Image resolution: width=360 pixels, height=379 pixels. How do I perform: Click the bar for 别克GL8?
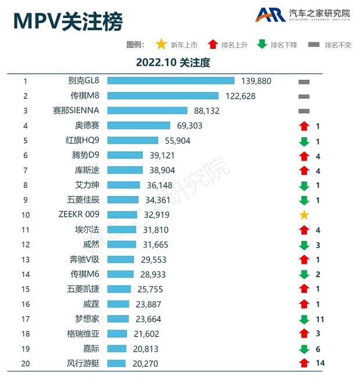pos(171,81)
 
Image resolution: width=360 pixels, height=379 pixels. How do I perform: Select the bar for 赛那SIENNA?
pos(147,110)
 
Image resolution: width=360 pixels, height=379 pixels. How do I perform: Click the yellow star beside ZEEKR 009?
pos(304,215)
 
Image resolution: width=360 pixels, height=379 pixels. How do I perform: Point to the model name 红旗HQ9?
pos(84,140)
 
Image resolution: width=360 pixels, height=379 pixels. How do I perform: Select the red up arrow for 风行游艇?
pos(304,363)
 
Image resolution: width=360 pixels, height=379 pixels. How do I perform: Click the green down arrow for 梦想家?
pos(304,319)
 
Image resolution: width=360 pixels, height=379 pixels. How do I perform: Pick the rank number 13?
pos(25,259)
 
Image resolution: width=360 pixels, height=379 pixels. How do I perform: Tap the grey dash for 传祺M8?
pos(304,96)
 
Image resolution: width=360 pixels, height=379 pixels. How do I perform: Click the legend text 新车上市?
pos(184,45)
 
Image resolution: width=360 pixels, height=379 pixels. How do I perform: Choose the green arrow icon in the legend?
pos(262,44)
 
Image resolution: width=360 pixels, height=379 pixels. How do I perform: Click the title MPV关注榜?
pos(68,22)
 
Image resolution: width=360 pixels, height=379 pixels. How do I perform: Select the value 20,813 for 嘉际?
pos(145,349)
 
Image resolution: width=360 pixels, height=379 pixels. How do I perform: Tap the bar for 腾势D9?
pos(125,155)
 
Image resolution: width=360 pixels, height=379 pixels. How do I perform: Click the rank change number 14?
pos(319,363)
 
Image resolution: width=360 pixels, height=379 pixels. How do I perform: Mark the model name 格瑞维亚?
pos(84,334)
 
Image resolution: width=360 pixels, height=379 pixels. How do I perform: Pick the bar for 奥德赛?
pos(139,126)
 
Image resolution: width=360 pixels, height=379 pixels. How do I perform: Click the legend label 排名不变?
pos(338,45)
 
